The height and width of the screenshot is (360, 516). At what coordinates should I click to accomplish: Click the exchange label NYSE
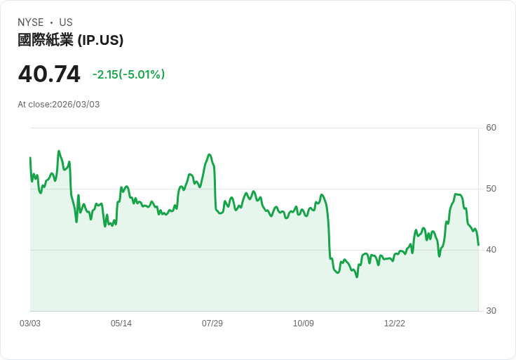31,22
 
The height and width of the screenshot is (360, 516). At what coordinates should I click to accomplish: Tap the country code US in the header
66,22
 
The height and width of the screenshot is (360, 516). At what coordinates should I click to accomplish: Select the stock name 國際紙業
46,40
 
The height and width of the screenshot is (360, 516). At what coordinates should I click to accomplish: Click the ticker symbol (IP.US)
100,40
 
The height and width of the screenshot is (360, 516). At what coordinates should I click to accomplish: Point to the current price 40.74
49,74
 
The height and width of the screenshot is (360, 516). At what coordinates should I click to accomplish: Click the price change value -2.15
106,74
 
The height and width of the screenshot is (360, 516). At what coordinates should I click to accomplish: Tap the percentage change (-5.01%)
142,74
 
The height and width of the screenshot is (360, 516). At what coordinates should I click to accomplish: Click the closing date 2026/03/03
76,105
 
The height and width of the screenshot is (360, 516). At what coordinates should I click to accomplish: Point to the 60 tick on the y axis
491,128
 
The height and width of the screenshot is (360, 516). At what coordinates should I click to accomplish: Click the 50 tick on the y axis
491,189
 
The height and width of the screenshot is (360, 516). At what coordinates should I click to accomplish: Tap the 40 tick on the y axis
491,250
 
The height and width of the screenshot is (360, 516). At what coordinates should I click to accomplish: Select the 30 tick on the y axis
491,311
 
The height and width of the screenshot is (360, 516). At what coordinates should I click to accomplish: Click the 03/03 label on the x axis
30,324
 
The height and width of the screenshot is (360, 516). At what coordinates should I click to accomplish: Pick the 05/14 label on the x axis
121,324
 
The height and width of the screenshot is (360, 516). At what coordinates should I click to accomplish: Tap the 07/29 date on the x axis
212,324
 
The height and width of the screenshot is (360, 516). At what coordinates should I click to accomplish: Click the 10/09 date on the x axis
304,324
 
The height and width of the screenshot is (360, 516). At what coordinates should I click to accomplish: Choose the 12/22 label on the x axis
395,324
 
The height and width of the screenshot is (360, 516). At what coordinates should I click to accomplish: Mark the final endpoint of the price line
478,245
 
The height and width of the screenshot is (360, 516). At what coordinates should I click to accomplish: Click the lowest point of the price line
357,277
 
